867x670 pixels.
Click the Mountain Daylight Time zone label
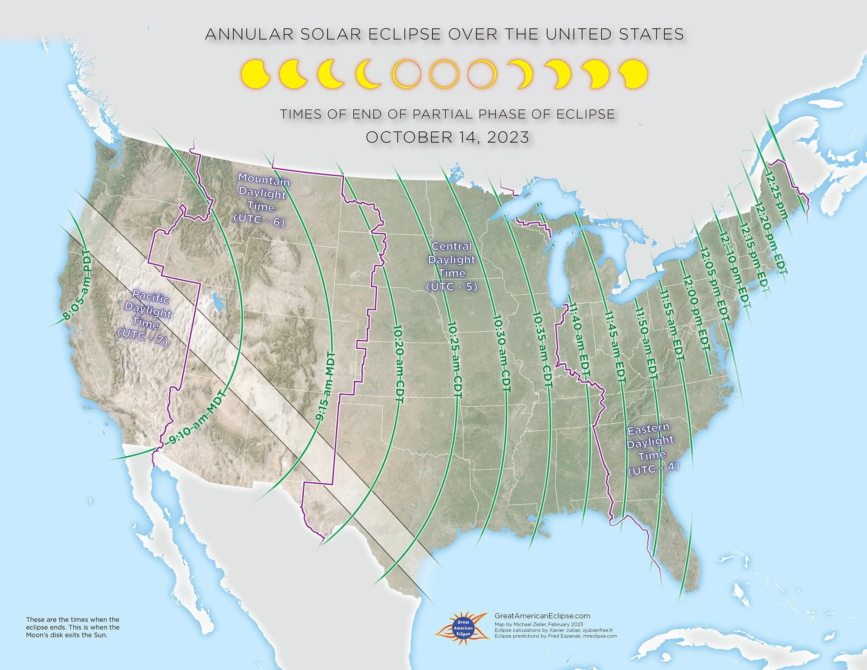(261, 199)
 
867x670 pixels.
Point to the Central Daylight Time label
(452, 266)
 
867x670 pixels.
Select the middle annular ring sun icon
(444, 74)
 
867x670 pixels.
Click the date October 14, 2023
(447, 137)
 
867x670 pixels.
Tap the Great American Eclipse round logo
(463, 628)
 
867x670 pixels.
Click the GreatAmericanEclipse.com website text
(542, 616)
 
